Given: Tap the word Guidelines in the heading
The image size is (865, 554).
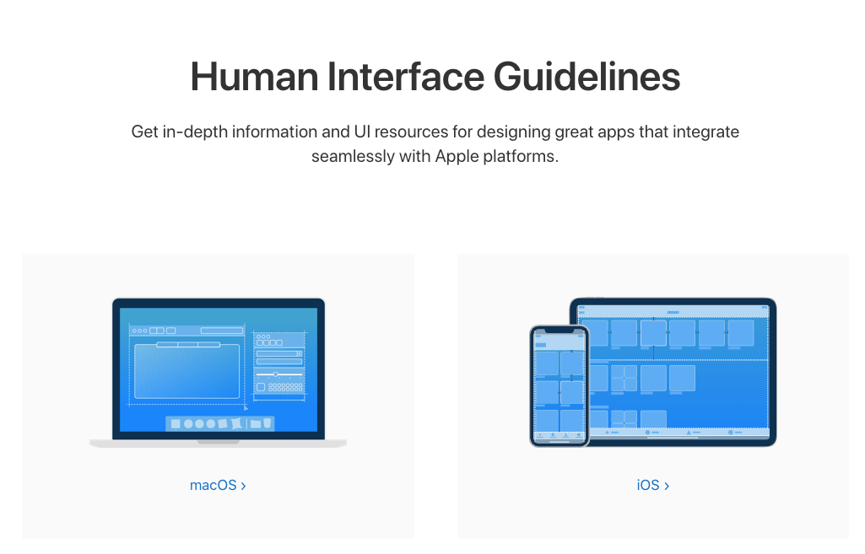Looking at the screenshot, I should pos(587,78).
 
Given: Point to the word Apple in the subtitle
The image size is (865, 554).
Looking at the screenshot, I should pos(460,157).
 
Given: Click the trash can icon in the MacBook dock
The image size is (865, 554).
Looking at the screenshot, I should pos(267,423).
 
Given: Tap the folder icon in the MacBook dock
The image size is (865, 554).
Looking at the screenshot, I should pos(255,424).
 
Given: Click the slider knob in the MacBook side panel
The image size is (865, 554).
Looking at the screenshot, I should pos(275,374).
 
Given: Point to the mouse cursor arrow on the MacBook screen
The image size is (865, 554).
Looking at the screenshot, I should pos(246,407).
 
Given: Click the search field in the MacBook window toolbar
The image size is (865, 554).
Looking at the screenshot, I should pos(221,331).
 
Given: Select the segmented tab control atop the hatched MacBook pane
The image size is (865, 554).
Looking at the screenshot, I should pos(188,344).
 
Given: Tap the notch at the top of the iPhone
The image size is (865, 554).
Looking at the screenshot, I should pos(559,331).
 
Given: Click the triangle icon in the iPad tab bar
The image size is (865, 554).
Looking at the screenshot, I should pos(689,433).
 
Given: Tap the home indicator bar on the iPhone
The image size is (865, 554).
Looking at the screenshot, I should pos(559,442).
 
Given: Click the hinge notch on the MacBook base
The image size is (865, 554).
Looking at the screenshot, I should pos(218,441).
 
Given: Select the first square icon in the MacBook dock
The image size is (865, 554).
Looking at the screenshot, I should pos(176,424).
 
